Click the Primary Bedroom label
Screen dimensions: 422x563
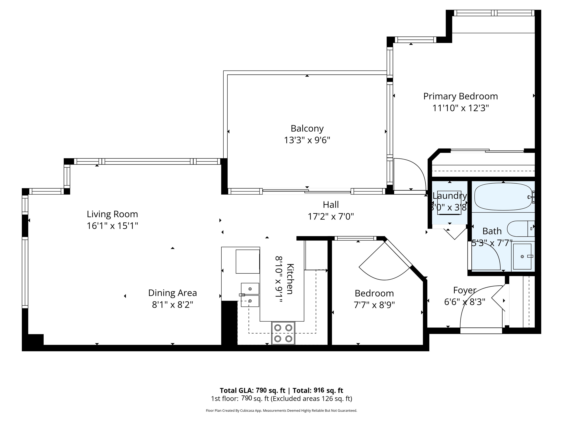pyautogui.click(x=460, y=96)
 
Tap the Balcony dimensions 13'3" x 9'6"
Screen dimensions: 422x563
pyautogui.click(x=307, y=140)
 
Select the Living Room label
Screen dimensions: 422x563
pyautogui.click(x=112, y=214)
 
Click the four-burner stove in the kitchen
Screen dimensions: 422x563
pyautogui.click(x=283, y=333)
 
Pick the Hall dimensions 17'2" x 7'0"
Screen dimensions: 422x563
pyautogui.click(x=331, y=217)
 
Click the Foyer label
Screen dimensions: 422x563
pyautogui.click(x=465, y=290)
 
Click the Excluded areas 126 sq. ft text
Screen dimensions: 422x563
pyautogui.click(x=311, y=399)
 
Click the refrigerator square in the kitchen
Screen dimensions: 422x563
pyautogui.click(x=247, y=262)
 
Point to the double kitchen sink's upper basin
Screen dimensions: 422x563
pyautogui.click(x=250, y=289)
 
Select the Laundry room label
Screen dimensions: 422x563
pyautogui.click(x=450, y=196)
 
